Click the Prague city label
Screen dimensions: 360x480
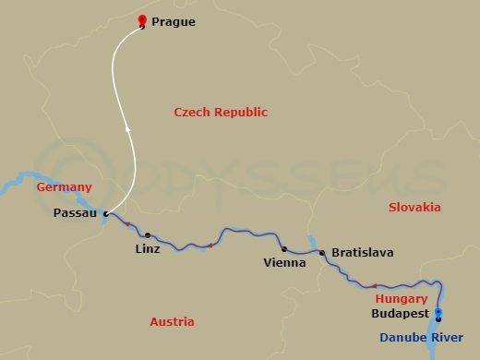[174, 21]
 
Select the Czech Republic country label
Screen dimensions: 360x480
[221, 113]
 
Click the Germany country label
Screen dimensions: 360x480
[64, 187]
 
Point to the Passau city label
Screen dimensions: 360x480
[76, 213]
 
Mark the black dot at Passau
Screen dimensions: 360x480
[106, 213]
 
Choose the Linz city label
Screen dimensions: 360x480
[147, 249]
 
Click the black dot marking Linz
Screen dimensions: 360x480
[147, 235]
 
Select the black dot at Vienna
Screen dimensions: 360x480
[283, 248]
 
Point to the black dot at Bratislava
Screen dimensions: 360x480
[321, 252]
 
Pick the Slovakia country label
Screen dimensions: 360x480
[415, 208]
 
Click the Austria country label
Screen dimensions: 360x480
[172, 322]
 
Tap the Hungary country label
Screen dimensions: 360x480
[402, 299]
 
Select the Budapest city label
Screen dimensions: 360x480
[399, 314]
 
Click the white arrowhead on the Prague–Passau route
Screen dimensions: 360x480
[127, 128]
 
